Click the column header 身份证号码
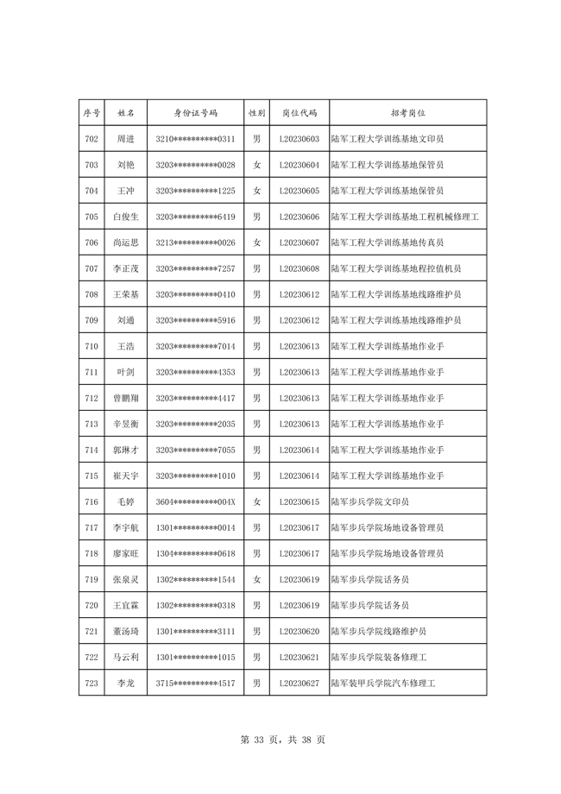(x=195, y=113)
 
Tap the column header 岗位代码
(x=299, y=113)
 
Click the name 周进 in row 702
(x=125, y=139)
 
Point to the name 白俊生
(x=125, y=217)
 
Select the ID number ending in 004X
(x=195, y=501)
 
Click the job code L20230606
(x=299, y=217)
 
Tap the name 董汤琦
(x=125, y=631)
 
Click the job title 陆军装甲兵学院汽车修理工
(x=383, y=683)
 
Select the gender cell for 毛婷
(x=256, y=501)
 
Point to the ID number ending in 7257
(x=195, y=268)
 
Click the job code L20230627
(x=299, y=683)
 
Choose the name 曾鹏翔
(x=125, y=398)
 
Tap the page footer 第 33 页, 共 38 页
(x=281, y=740)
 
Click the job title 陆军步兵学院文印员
(x=370, y=501)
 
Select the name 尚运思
(x=125, y=243)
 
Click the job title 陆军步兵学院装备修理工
(x=379, y=657)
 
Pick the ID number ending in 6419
(x=195, y=217)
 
